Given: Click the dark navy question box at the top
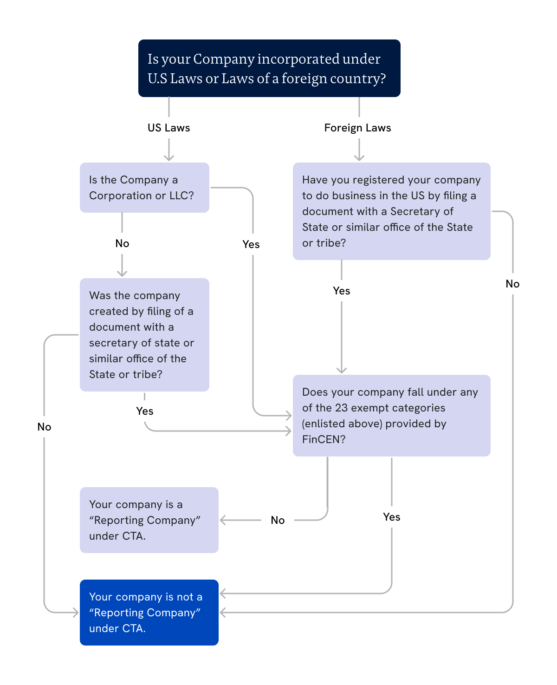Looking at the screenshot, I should click(269, 68).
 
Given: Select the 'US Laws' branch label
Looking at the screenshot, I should click(168, 128).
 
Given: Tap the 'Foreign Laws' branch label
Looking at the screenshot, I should click(357, 128).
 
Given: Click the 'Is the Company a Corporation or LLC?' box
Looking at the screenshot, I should click(144, 188).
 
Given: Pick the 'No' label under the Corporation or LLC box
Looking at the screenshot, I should click(122, 243).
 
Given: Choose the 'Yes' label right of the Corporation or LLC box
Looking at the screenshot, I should click(251, 244).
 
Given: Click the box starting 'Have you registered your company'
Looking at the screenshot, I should click(391, 211).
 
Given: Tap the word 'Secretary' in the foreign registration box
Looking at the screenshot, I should click(416, 211).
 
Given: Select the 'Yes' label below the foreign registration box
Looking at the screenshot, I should click(342, 291).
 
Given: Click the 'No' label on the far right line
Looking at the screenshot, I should click(512, 284).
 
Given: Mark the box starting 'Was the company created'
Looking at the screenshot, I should click(144, 335).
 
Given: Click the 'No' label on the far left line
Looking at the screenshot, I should click(44, 427).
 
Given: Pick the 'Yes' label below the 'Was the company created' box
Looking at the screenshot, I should click(145, 411).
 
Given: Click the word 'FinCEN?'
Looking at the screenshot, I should click(324, 439).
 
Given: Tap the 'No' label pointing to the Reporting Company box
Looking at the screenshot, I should click(278, 520).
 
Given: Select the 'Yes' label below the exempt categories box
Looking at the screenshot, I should click(391, 517).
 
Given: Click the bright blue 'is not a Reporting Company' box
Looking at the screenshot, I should click(149, 613).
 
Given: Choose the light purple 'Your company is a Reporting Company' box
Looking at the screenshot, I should click(149, 520).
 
